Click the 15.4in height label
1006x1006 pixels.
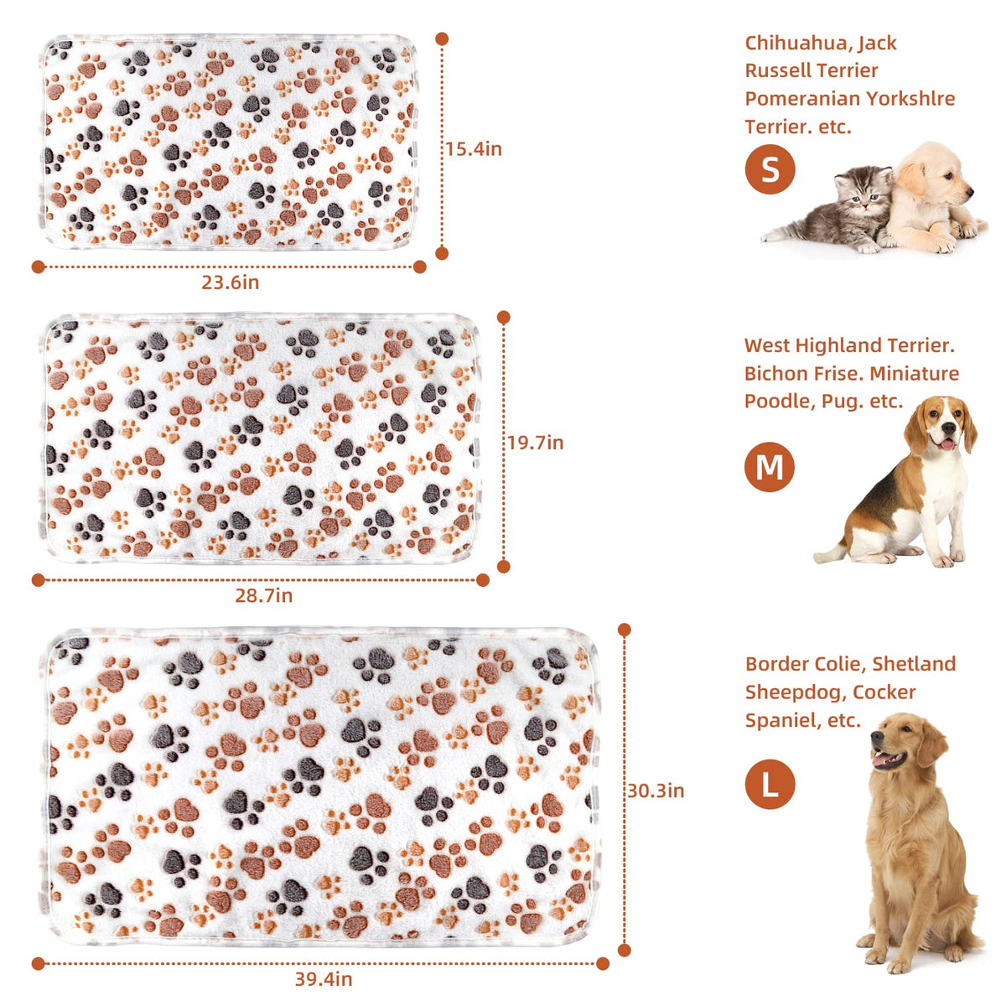(x=474, y=149)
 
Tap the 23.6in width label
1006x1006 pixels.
(x=231, y=283)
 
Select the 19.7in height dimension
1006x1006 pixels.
(x=536, y=443)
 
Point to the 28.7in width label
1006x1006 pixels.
(x=263, y=596)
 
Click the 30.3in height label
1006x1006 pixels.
(x=656, y=791)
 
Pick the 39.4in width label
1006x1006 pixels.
(x=324, y=979)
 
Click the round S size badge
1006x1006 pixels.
(x=770, y=169)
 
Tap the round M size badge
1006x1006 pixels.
(x=770, y=467)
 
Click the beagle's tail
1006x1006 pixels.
(x=831, y=554)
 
